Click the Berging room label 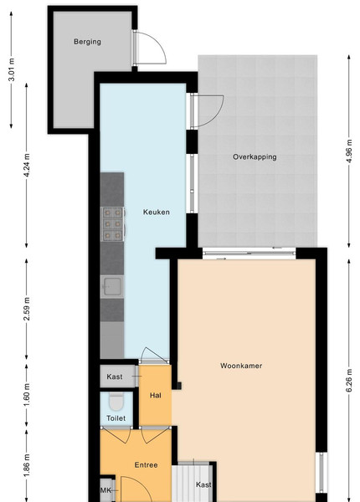[87, 42]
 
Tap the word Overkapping [255, 157]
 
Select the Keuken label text [157, 212]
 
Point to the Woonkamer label [241, 366]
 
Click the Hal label [156, 396]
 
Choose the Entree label [146, 465]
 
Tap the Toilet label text [116, 418]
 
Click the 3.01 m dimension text [12, 69]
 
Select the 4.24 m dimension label [27, 165]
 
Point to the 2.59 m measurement [27, 309]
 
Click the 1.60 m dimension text [27, 395]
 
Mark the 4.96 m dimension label [349, 151]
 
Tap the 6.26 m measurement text [349, 381]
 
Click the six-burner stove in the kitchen [113, 223]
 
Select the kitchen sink [112, 286]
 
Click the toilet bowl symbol [116, 402]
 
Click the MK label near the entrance [105, 490]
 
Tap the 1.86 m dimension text [27, 465]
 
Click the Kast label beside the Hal [115, 376]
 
